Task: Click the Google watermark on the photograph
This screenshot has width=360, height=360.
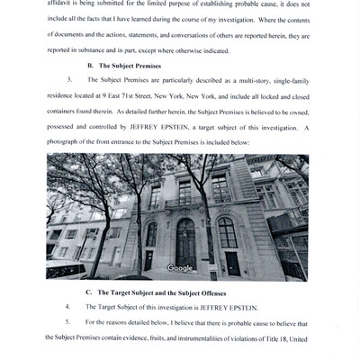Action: pos(179,267)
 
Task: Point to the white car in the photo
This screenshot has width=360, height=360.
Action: pos(65,268)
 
